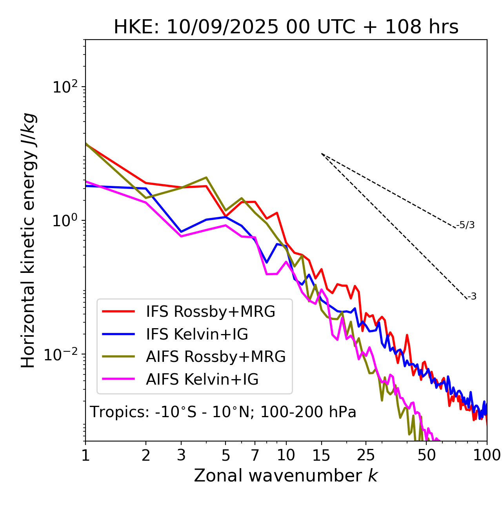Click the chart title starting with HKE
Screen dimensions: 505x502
click(x=286, y=27)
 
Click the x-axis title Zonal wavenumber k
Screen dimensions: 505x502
click(x=286, y=475)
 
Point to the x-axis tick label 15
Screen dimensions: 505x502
click(x=321, y=455)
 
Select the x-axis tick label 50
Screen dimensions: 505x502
click(x=426, y=455)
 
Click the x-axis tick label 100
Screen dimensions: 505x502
click(x=487, y=455)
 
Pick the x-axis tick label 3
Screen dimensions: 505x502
click(x=181, y=455)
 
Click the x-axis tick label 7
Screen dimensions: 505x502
click(x=255, y=455)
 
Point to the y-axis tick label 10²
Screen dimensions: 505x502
click(x=64, y=87)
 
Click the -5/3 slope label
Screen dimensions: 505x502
click(x=466, y=225)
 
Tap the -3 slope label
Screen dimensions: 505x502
click(x=472, y=297)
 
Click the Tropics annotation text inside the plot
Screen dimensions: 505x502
click(x=223, y=412)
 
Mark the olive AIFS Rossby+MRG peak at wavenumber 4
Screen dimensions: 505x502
click(x=206, y=177)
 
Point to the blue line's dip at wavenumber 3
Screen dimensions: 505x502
click(x=181, y=232)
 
